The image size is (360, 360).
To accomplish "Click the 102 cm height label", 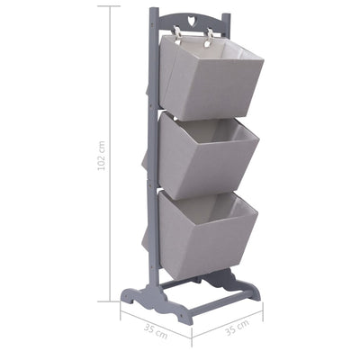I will pos(103,155).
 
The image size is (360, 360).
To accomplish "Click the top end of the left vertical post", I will pos(155,12).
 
